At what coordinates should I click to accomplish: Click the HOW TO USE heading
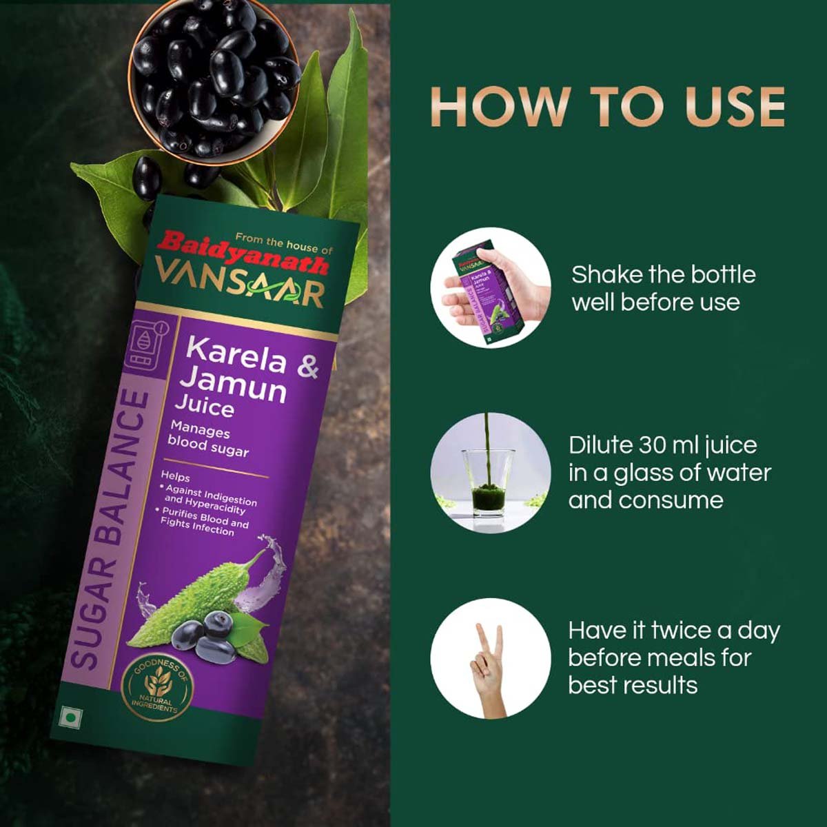pos(607,107)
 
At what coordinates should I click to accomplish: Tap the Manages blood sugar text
pos(207,440)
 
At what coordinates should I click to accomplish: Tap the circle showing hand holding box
pos(491,287)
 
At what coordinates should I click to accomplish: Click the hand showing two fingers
pos(489,661)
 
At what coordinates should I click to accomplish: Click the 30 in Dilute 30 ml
pos(651,445)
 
